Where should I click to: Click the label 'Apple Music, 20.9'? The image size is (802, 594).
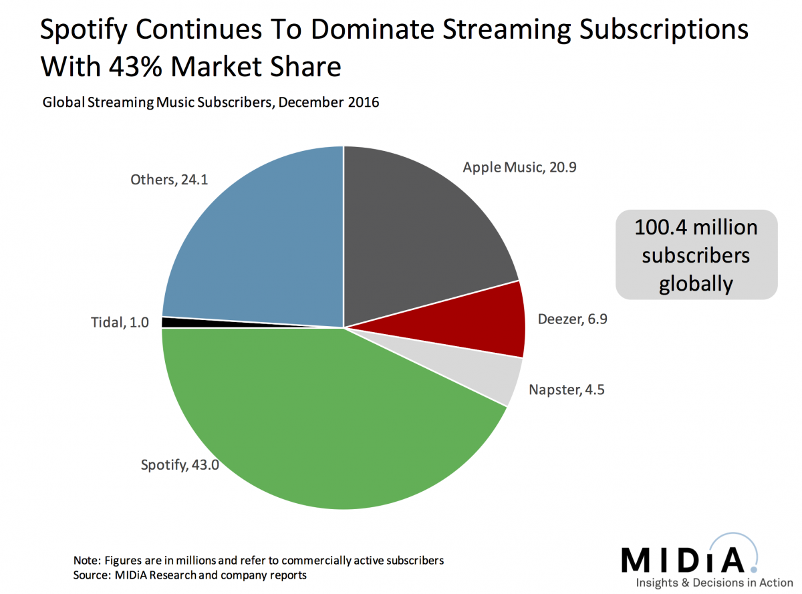(519, 167)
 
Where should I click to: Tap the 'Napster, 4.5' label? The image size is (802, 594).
(566, 390)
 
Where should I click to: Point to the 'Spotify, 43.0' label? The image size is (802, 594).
(179, 464)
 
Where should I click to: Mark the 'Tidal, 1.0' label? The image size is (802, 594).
(121, 323)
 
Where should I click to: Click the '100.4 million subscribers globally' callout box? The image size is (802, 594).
(696, 255)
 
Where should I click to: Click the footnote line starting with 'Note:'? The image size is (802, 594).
(258, 560)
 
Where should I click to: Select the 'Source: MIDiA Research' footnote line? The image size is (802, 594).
(190, 575)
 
